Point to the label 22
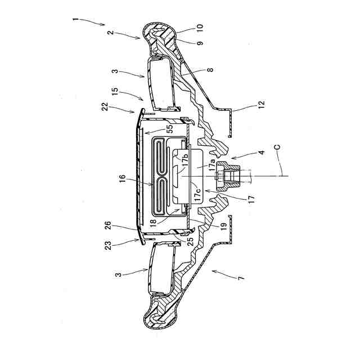point(105,107)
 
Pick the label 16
point(123,179)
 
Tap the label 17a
point(211,165)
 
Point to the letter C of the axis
point(277,147)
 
